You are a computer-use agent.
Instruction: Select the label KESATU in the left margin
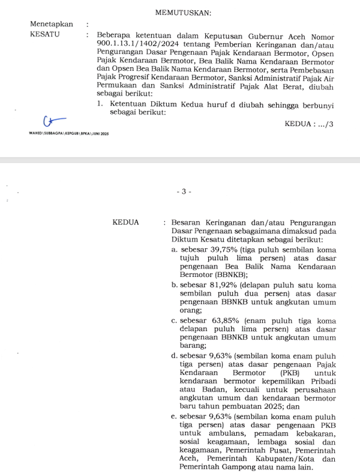pos(44,35)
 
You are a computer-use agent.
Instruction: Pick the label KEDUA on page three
pos(125,222)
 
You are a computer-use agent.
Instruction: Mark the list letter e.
pos(173,415)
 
